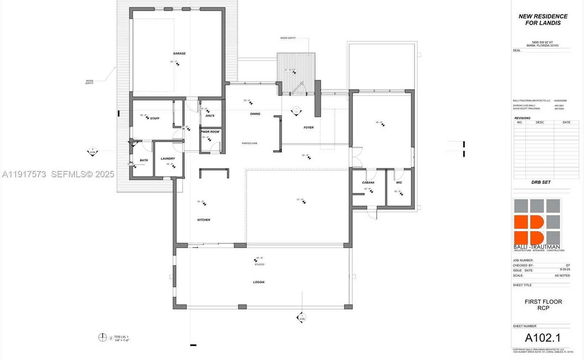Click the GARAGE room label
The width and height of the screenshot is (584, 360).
coord(179,54)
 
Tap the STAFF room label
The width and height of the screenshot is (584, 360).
coord(155,119)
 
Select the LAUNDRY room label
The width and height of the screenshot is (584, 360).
coord(168,159)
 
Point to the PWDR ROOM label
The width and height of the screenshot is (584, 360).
coord(210,132)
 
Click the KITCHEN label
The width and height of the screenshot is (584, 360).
coord(204,220)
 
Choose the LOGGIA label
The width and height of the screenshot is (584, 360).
coord(259,282)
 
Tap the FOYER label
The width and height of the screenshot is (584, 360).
coord(308,128)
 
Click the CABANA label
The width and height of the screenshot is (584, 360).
coord(368,183)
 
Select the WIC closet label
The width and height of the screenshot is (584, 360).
coord(399,183)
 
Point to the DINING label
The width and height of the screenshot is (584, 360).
coord(255,114)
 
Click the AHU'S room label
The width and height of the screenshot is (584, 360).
coord(210,116)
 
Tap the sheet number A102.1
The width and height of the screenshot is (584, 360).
coord(543,338)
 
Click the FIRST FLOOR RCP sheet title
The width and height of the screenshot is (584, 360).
coord(543,305)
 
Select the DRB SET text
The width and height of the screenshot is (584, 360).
coord(541,182)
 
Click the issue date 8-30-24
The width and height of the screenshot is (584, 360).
coord(565,270)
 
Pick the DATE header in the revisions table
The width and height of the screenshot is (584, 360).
coord(566,123)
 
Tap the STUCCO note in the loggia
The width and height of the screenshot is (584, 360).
coord(259,264)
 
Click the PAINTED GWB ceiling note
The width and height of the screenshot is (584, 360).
coord(249,143)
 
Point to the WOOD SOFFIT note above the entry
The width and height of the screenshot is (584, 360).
coord(288,38)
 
